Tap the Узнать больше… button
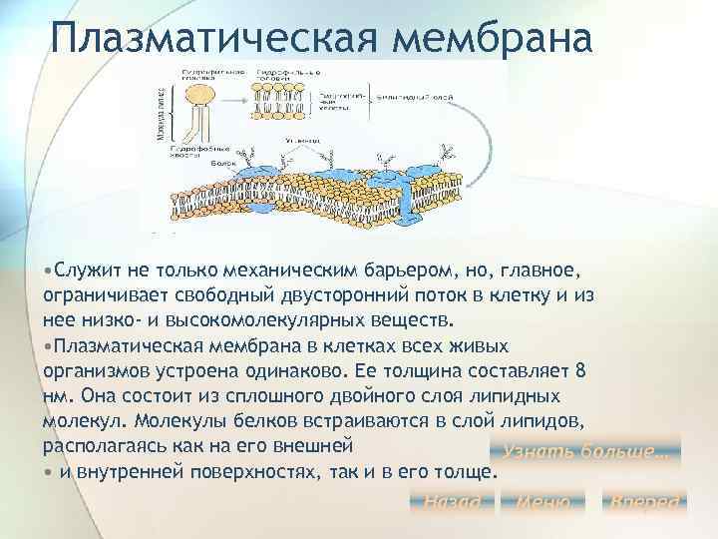(x=584, y=451)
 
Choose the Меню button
(x=543, y=501)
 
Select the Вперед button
(x=645, y=501)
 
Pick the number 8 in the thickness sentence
(x=581, y=370)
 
